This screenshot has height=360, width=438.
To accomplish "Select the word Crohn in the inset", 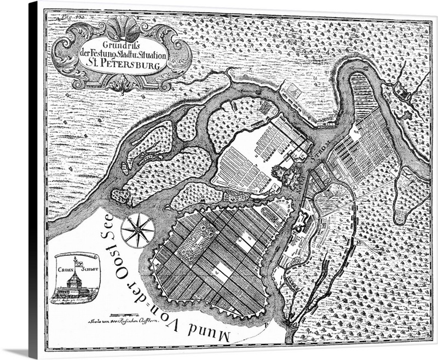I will [x=65, y=269].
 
